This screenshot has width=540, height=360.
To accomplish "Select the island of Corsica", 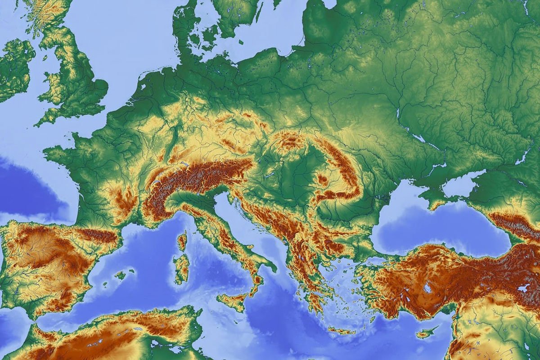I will pos(182,242).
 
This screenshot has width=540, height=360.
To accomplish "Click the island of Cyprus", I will pos(425,333).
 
